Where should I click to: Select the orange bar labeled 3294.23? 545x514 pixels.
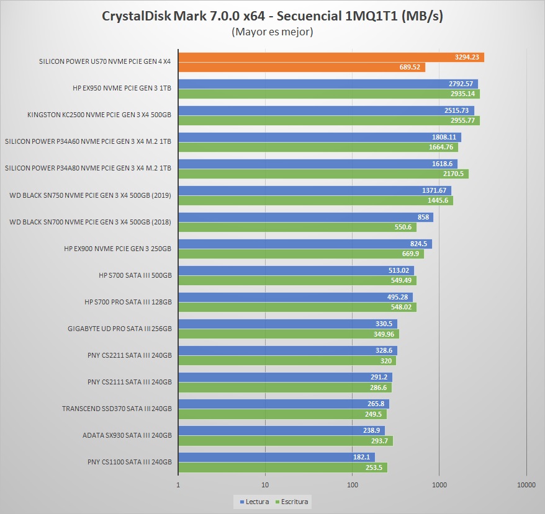pos(331,58)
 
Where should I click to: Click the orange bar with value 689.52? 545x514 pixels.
pos(302,67)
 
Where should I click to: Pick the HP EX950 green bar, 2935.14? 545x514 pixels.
pos(329,94)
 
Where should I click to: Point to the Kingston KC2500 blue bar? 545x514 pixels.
pos(326,111)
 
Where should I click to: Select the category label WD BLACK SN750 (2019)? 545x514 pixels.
pos(91,195)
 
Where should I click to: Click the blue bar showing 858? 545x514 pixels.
pos(305,218)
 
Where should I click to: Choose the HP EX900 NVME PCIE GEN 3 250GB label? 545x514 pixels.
pos(117,249)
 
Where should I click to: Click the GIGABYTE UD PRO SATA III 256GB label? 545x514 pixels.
pos(120,329)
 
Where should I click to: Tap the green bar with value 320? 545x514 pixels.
pos(287,361)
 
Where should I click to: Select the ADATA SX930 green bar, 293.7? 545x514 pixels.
pos(286,441)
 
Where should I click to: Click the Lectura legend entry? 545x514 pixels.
pos(254,502)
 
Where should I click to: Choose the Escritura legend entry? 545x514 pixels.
pos(292,502)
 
